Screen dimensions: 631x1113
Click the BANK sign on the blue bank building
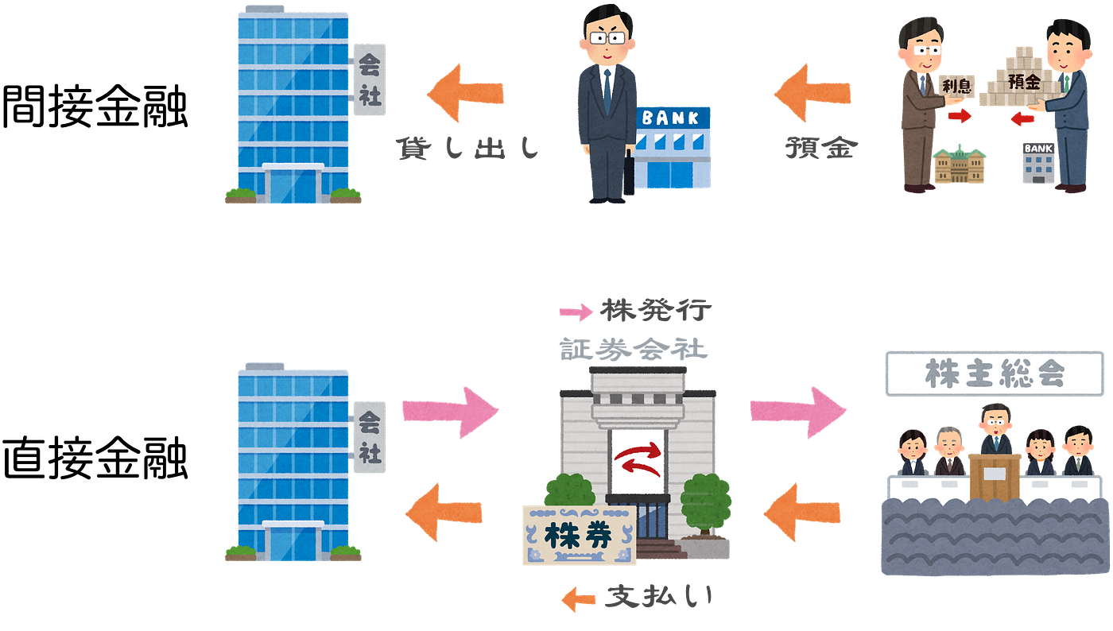671,118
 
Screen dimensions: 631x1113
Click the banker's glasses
606,37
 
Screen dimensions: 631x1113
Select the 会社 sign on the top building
370,79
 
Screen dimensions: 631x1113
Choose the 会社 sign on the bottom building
370,436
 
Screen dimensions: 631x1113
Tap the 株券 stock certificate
578,536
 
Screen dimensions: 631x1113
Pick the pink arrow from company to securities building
449,412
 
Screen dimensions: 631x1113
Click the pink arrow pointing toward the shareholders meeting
797,412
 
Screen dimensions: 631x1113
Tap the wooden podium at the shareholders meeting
994,478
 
